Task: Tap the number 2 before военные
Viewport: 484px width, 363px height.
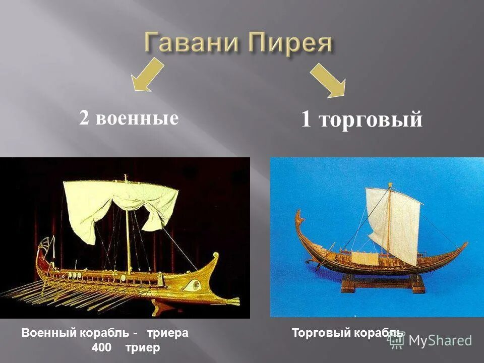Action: pyautogui.click(x=84, y=118)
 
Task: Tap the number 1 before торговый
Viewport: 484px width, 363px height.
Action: pyautogui.click(x=306, y=120)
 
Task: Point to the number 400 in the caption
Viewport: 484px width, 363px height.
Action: pyautogui.click(x=101, y=347)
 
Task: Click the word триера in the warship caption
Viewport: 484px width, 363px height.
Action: pyautogui.click(x=167, y=333)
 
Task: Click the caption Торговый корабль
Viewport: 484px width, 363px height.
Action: pyautogui.click(x=347, y=333)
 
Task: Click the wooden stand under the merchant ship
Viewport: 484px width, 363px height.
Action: pyautogui.click(x=383, y=283)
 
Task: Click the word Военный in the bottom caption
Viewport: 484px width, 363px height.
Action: pyautogui.click(x=47, y=333)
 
